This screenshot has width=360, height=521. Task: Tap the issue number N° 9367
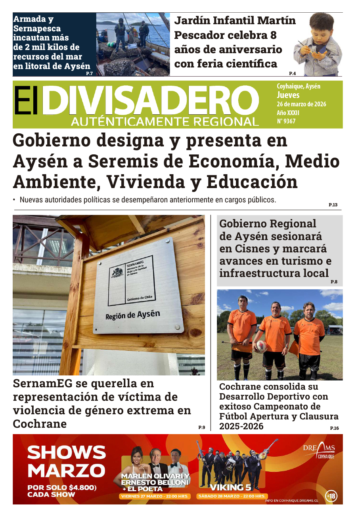(x=286, y=121)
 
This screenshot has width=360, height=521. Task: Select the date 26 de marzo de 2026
(x=301, y=104)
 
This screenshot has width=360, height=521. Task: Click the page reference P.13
(x=333, y=205)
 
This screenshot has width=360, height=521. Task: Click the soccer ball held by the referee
(x=261, y=346)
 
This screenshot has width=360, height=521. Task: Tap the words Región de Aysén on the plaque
(x=132, y=315)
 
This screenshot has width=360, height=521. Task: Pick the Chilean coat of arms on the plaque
(x=117, y=273)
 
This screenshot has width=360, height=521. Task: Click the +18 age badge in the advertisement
(x=331, y=496)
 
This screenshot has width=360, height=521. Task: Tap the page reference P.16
(x=334, y=428)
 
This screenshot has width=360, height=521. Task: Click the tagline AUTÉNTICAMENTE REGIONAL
(x=165, y=122)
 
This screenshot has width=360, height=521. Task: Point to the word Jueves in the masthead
(x=288, y=95)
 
